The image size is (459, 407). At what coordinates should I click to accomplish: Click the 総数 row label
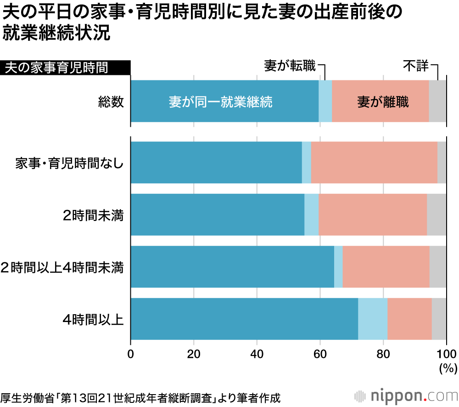click(x=111, y=102)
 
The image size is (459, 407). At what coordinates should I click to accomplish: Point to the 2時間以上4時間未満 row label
click(x=62, y=267)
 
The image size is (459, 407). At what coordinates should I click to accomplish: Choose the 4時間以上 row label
click(x=94, y=319)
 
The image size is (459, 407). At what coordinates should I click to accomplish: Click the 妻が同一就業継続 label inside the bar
click(x=220, y=102)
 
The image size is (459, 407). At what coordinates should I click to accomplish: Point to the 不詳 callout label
click(x=415, y=66)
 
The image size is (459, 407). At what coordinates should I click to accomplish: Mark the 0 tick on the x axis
click(x=131, y=354)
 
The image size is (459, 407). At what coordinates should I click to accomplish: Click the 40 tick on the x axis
click(x=257, y=354)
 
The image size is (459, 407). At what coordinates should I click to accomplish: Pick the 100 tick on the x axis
click(x=445, y=354)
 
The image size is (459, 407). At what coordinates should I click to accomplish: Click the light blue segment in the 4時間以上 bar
click(x=373, y=319)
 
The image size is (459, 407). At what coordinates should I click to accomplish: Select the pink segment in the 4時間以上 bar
click(x=409, y=319)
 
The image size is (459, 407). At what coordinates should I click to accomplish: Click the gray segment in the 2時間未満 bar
click(x=437, y=215)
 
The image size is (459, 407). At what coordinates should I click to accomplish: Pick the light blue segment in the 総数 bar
click(x=325, y=101)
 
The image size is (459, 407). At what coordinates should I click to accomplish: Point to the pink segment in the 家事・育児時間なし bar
click(x=374, y=163)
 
